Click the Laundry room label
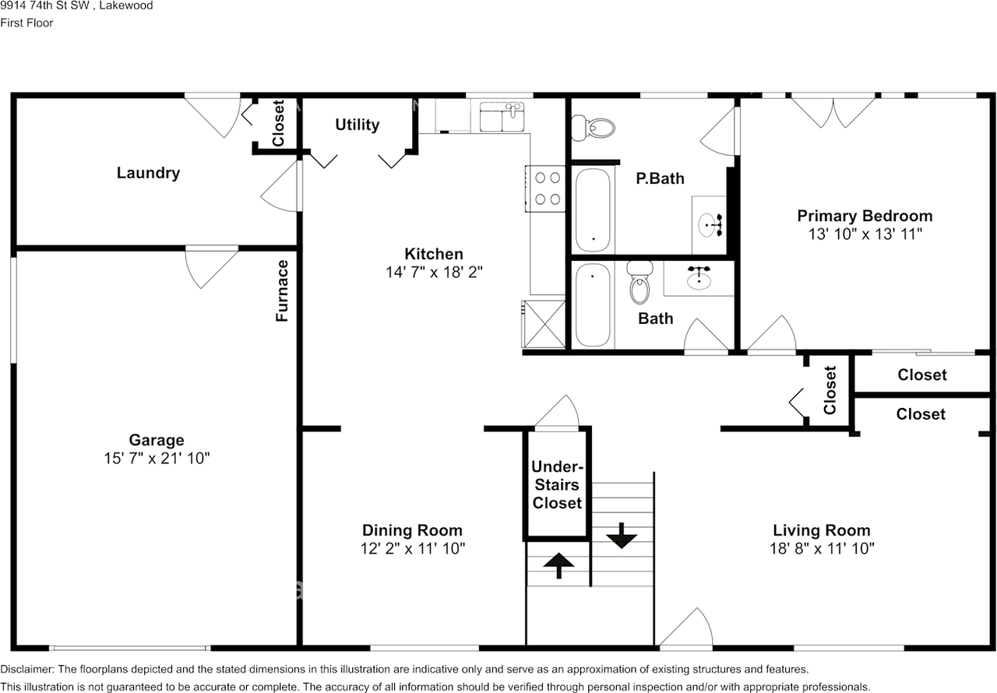click(148, 173)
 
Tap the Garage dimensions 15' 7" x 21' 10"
click(157, 459)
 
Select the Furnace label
click(282, 290)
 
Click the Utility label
click(358, 125)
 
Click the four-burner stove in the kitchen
click(545, 188)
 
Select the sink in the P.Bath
click(711, 225)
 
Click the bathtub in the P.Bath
click(593, 209)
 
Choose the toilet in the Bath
click(639, 284)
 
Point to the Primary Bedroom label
click(865, 216)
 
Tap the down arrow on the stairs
click(622, 536)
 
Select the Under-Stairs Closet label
click(557, 485)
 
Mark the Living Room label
click(821, 530)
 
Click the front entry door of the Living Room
click(686, 629)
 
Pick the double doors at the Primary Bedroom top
click(833, 109)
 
